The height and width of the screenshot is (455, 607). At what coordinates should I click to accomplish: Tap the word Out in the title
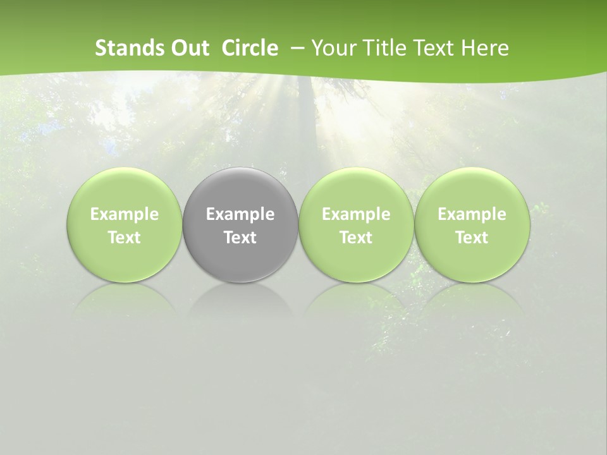pos(189,48)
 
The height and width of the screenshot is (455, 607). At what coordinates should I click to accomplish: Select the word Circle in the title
pos(250,48)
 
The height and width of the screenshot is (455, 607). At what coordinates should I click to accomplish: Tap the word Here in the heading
pos(485,48)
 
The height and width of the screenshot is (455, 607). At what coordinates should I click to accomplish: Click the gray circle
pos(240,190)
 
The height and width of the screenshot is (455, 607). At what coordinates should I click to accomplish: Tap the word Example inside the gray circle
pos(240,215)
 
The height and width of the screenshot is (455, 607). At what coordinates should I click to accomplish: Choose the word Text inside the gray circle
pos(240,238)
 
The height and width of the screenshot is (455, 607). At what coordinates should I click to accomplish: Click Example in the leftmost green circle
pos(125,215)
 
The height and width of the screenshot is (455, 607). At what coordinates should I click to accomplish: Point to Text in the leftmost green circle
pos(125,238)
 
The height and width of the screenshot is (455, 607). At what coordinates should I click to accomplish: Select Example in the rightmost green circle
pos(472,215)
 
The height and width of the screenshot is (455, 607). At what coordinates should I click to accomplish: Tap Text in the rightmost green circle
pos(472,238)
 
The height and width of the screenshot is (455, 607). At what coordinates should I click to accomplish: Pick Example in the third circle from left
pos(356,215)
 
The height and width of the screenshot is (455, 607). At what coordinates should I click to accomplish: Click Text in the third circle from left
pos(356,238)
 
